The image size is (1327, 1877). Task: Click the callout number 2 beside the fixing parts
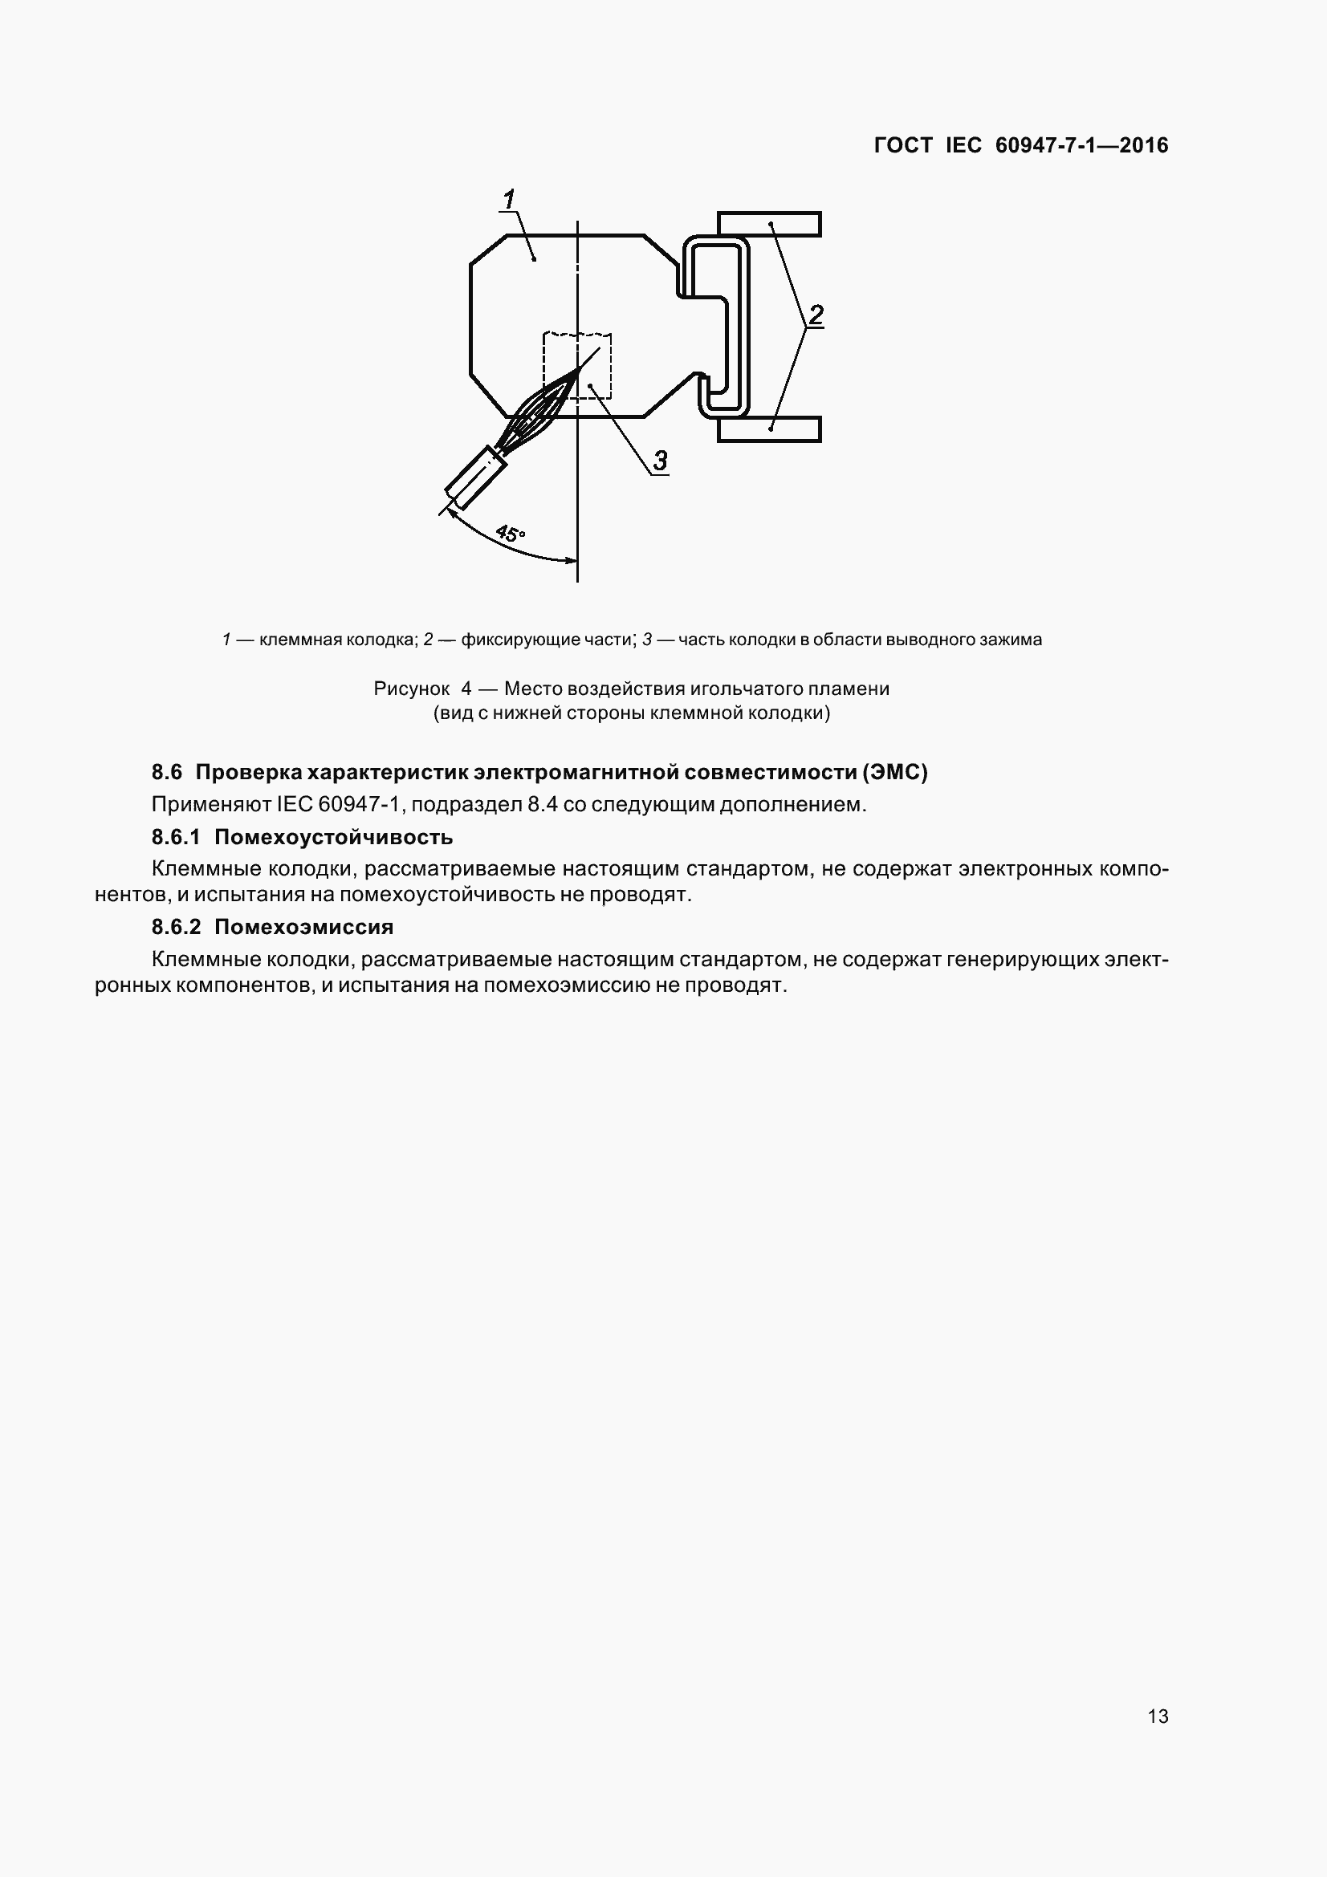tap(815, 315)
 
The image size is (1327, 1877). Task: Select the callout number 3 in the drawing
tap(660, 461)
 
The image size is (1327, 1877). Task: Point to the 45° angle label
tap(511, 534)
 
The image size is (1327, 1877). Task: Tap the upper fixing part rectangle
tap(768, 224)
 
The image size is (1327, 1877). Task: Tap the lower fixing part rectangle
tap(768, 429)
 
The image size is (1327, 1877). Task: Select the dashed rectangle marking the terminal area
tap(577, 365)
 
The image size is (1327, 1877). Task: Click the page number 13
tap(1158, 1717)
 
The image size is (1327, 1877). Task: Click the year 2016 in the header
tap(1144, 145)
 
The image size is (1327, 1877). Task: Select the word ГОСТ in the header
tap(902, 145)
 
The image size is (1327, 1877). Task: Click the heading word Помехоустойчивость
tap(334, 837)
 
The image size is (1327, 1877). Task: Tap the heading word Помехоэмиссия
tap(304, 927)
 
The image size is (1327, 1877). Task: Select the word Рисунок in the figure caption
tap(411, 689)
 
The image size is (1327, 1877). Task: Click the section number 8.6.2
tap(176, 927)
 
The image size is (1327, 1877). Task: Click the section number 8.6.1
tap(176, 837)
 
